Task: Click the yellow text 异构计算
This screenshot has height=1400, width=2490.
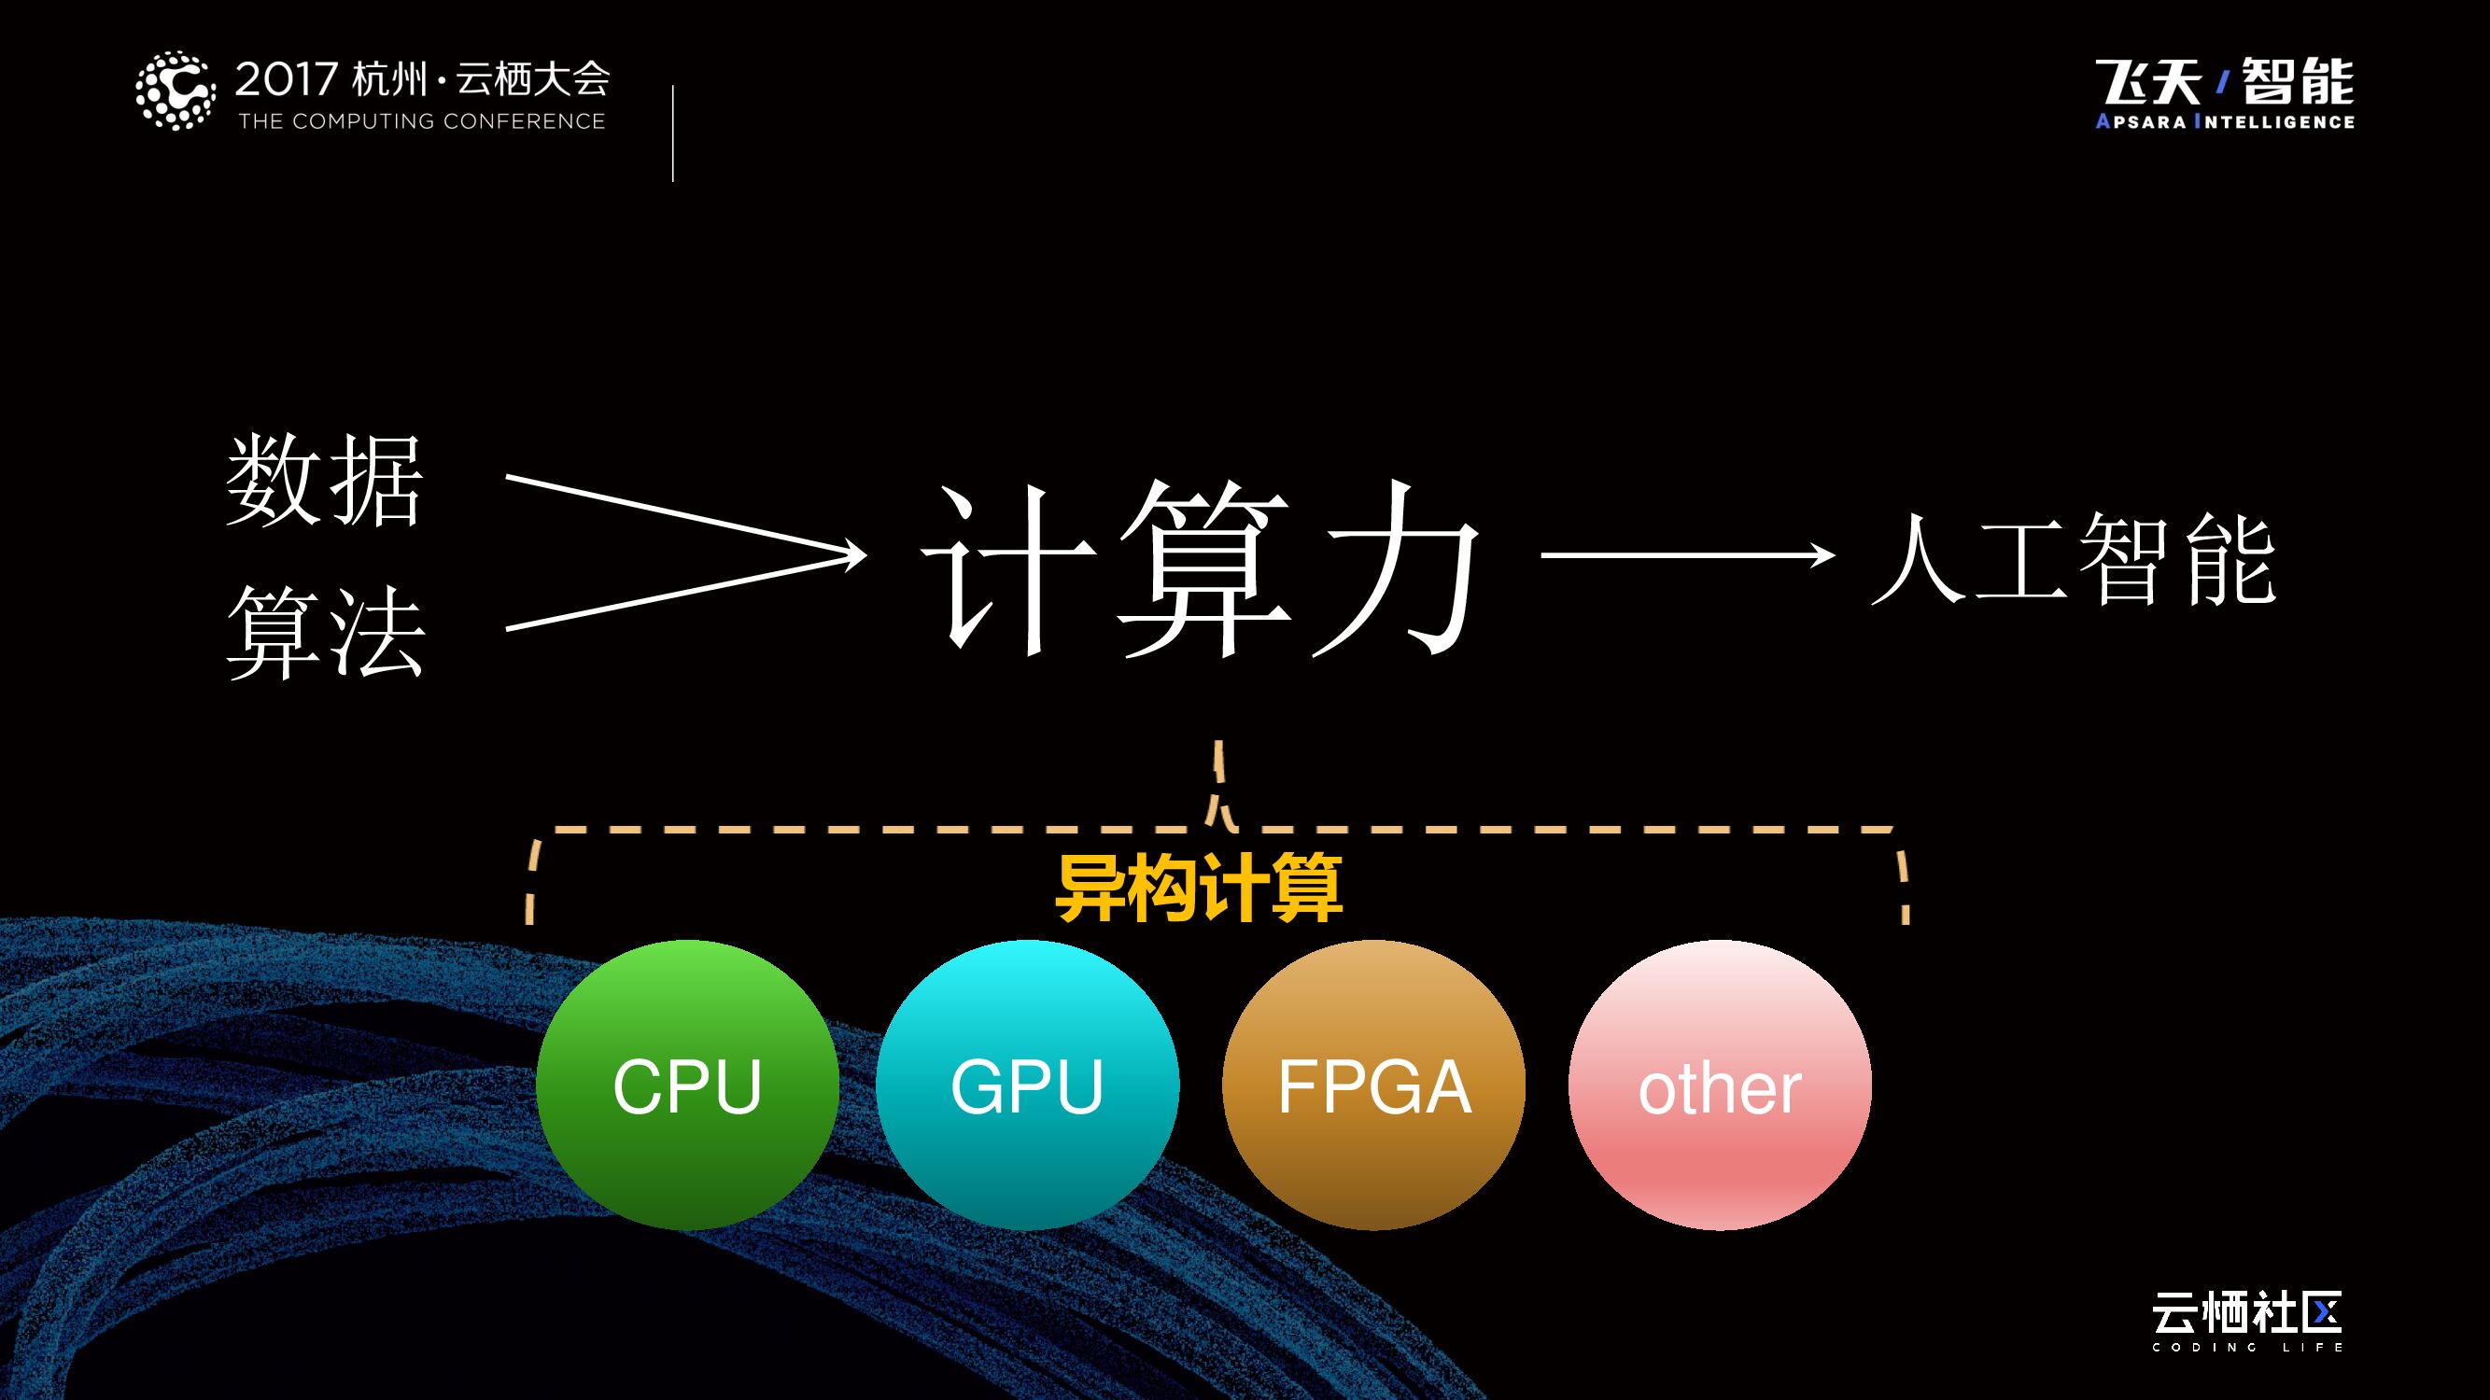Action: click(x=1199, y=888)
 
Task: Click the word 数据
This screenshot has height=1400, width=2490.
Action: click(x=325, y=480)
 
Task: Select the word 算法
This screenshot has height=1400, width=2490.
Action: click(x=326, y=632)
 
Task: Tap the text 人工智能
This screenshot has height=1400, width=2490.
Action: click(x=2074, y=559)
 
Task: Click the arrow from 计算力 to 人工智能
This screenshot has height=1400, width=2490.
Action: click(x=1687, y=555)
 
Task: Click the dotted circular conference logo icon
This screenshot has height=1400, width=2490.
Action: click(x=175, y=91)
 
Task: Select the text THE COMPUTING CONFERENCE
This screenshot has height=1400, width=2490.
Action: click(x=421, y=121)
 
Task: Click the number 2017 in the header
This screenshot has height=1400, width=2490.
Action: click(x=286, y=79)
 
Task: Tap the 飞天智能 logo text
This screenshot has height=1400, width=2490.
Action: click(x=2224, y=81)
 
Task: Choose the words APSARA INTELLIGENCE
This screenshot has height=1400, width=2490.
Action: click(x=2224, y=121)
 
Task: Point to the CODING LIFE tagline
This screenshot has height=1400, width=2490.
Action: click(x=2247, y=1347)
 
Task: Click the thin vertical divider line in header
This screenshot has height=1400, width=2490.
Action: click(x=673, y=133)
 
